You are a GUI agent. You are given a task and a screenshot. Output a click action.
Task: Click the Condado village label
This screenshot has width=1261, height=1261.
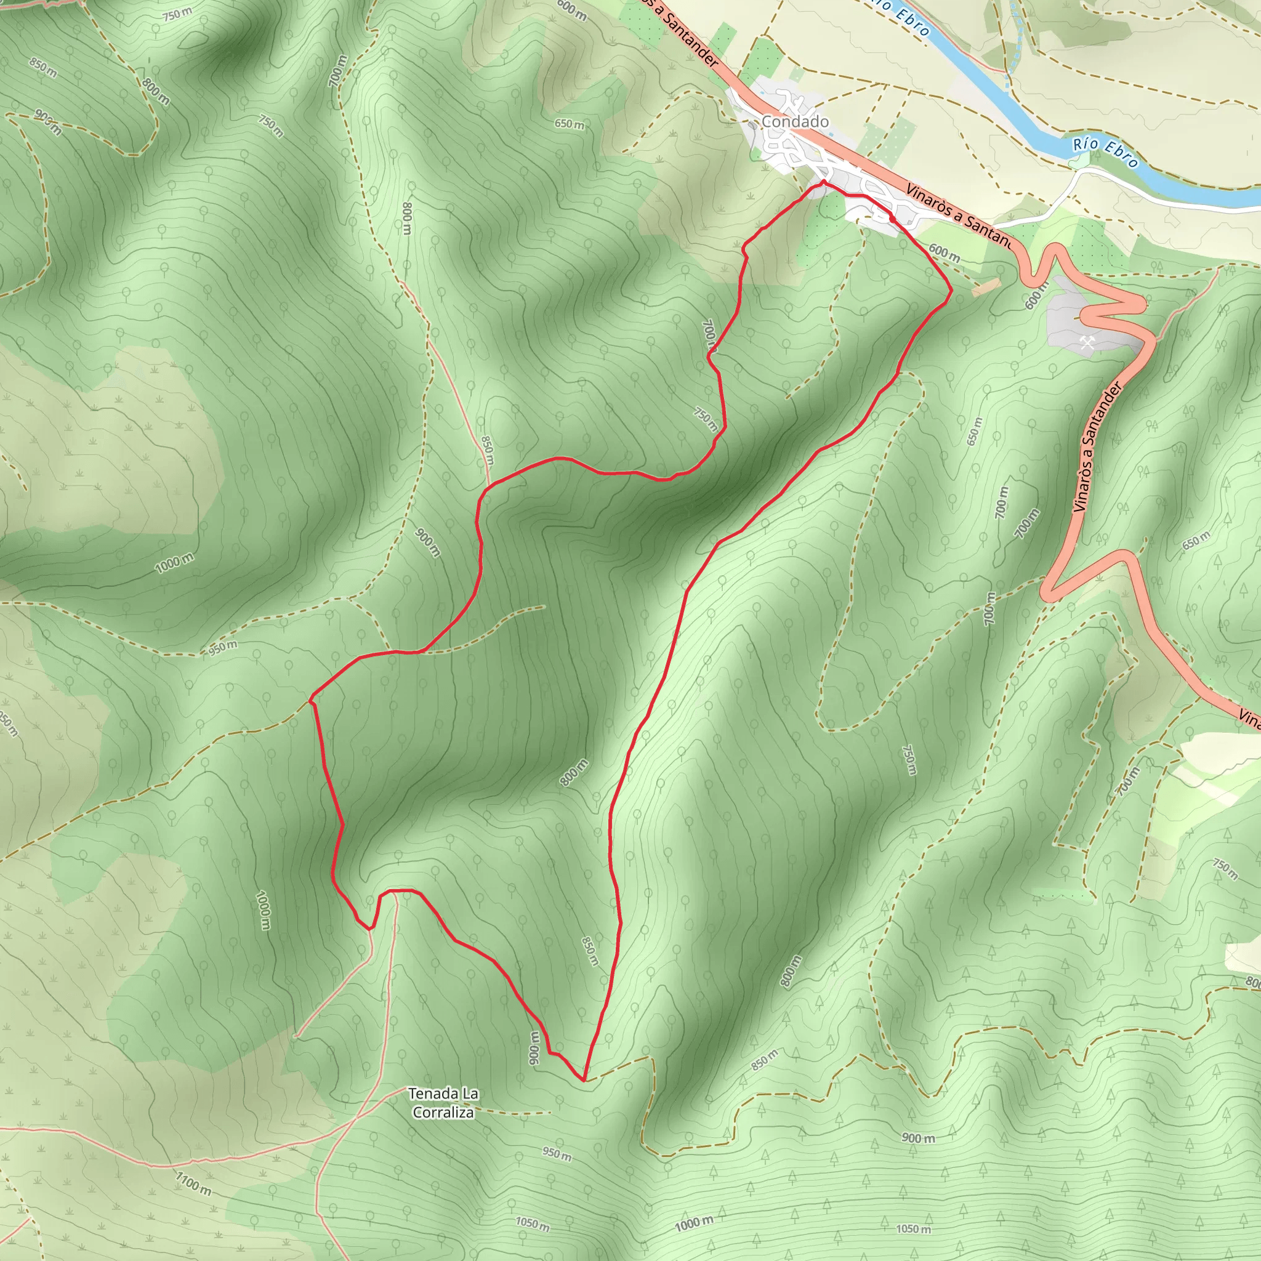[795, 122]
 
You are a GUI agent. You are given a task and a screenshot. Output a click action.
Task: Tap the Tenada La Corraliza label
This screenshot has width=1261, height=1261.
[443, 1102]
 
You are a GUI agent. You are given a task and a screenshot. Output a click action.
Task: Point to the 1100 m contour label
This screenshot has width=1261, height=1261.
[194, 1183]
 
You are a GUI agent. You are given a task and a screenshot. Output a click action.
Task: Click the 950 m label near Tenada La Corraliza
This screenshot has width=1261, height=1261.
[557, 1154]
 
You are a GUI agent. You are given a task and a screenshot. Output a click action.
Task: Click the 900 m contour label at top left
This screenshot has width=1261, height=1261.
[47, 122]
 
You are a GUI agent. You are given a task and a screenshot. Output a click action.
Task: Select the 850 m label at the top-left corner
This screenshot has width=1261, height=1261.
[42, 67]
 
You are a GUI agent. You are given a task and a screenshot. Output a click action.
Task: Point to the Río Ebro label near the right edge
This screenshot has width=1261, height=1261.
[1106, 151]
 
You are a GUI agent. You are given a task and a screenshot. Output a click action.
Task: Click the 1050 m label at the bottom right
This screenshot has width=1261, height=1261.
[913, 1229]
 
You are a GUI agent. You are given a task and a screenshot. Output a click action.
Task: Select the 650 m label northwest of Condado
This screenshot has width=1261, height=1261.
[569, 124]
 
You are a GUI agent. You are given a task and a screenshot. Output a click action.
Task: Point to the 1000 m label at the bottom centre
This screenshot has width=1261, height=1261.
[694, 1222]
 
